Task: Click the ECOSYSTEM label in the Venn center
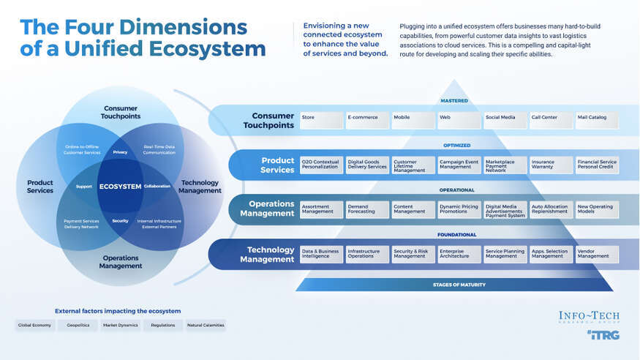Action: pyautogui.click(x=120, y=186)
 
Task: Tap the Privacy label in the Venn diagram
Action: pyautogui.click(x=120, y=152)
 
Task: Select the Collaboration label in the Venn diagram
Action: pyautogui.click(x=157, y=186)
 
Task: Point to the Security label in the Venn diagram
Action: pyautogui.click(x=120, y=220)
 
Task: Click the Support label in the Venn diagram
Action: pyautogui.click(x=84, y=186)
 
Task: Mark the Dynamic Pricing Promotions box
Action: pyautogui.click(x=459, y=209)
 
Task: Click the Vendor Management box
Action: pyautogui.click(x=597, y=254)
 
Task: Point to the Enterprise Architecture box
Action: pyautogui.click(x=459, y=254)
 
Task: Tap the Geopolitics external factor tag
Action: pyautogui.click(x=78, y=325)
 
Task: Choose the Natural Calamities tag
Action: pyautogui.click(x=206, y=325)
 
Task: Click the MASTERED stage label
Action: pyautogui.click(x=454, y=101)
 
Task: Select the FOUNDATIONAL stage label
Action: pyautogui.click(x=457, y=235)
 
